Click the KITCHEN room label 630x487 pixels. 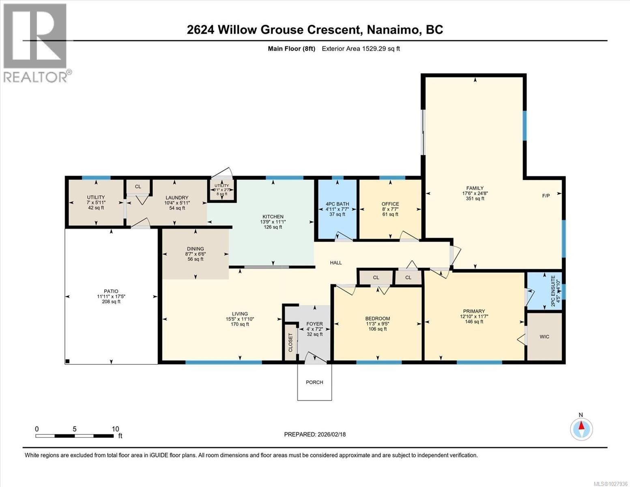coord(272,217)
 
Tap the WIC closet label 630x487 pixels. coord(544,336)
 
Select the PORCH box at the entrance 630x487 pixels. coord(314,382)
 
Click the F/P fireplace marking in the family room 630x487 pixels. coord(546,196)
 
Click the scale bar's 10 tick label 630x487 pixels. coord(115,429)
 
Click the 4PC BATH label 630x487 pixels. coord(337,204)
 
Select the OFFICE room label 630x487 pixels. coord(390,204)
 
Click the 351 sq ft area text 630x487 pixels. coord(475,198)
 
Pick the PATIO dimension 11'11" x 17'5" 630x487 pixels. coord(111,296)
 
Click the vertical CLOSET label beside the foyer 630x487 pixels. coord(290,342)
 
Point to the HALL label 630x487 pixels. coord(335,263)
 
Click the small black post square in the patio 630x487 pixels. coord(68,361)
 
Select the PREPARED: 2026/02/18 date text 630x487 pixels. coord(314,434)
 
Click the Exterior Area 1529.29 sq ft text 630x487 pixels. coord(361,49)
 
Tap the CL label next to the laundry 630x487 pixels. coord(138,186)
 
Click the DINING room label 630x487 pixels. coord(195,249)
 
